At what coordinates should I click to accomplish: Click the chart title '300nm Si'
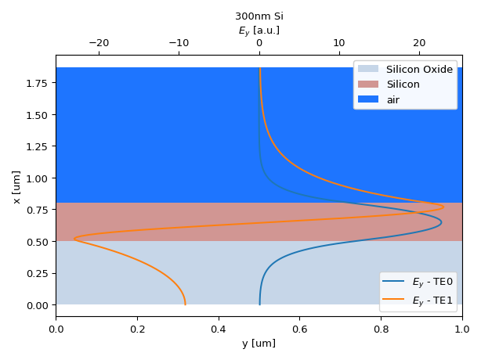pos(259,16)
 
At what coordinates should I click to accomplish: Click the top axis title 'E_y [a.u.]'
pos(259,31)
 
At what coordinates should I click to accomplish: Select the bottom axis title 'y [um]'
pos(259,343)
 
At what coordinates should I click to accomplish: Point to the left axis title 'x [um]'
pos(16,186)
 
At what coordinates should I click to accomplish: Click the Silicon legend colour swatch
pos(368,85)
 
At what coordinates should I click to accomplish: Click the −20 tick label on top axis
pos(99,44)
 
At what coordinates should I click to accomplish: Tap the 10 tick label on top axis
pos(339,44)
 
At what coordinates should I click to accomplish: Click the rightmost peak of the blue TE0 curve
pos(441,222)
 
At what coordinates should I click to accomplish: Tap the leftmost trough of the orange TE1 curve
pos(74,239)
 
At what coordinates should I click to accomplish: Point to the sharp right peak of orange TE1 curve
pos(443,207)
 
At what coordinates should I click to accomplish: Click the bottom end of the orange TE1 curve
pos(185,304)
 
